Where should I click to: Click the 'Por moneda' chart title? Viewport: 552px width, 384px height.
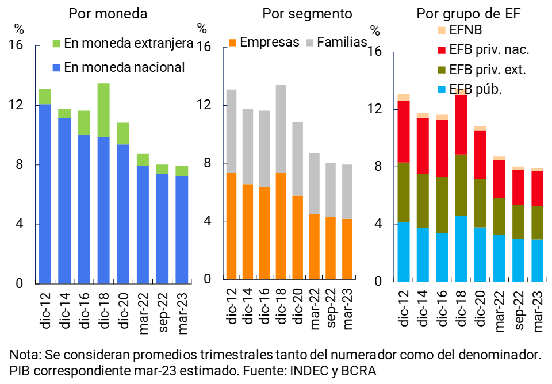pyautogui.click(x=108, y=13)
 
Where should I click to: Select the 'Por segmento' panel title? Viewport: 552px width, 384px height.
pyautogui.click(x=307, y=13)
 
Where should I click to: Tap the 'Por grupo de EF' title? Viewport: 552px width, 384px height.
pyautogui.click(x=468, y=13)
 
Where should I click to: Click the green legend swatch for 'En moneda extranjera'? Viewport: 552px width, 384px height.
pyautogui.click(x=56, y=43)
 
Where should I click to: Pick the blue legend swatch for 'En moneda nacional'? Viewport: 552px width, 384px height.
pyautogui.click(x=56, y=67)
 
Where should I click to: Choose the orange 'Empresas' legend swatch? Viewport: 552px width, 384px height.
pyautogui.click(x=233, y=43)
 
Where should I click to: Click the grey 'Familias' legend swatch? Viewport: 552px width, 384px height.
pyautogui.click(x=309, y=43)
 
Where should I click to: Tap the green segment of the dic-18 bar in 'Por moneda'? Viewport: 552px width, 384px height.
pyautogui.click(x=103, y=110)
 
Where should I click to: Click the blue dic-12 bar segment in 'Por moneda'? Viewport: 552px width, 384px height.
pyautogui.click(x=45, y=194)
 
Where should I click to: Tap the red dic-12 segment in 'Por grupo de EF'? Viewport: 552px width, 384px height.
pyautogui.click(x=403, y=132)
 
